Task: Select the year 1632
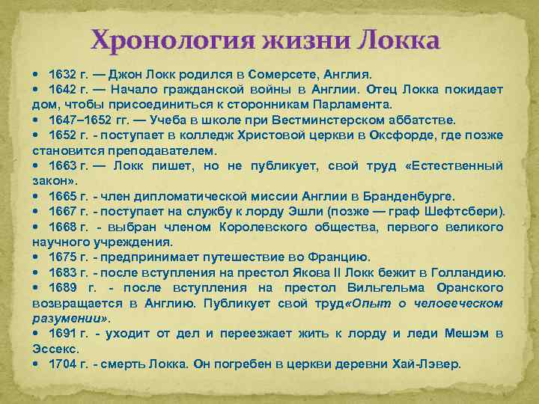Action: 62,75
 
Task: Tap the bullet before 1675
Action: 37,257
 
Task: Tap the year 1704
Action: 62,364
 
